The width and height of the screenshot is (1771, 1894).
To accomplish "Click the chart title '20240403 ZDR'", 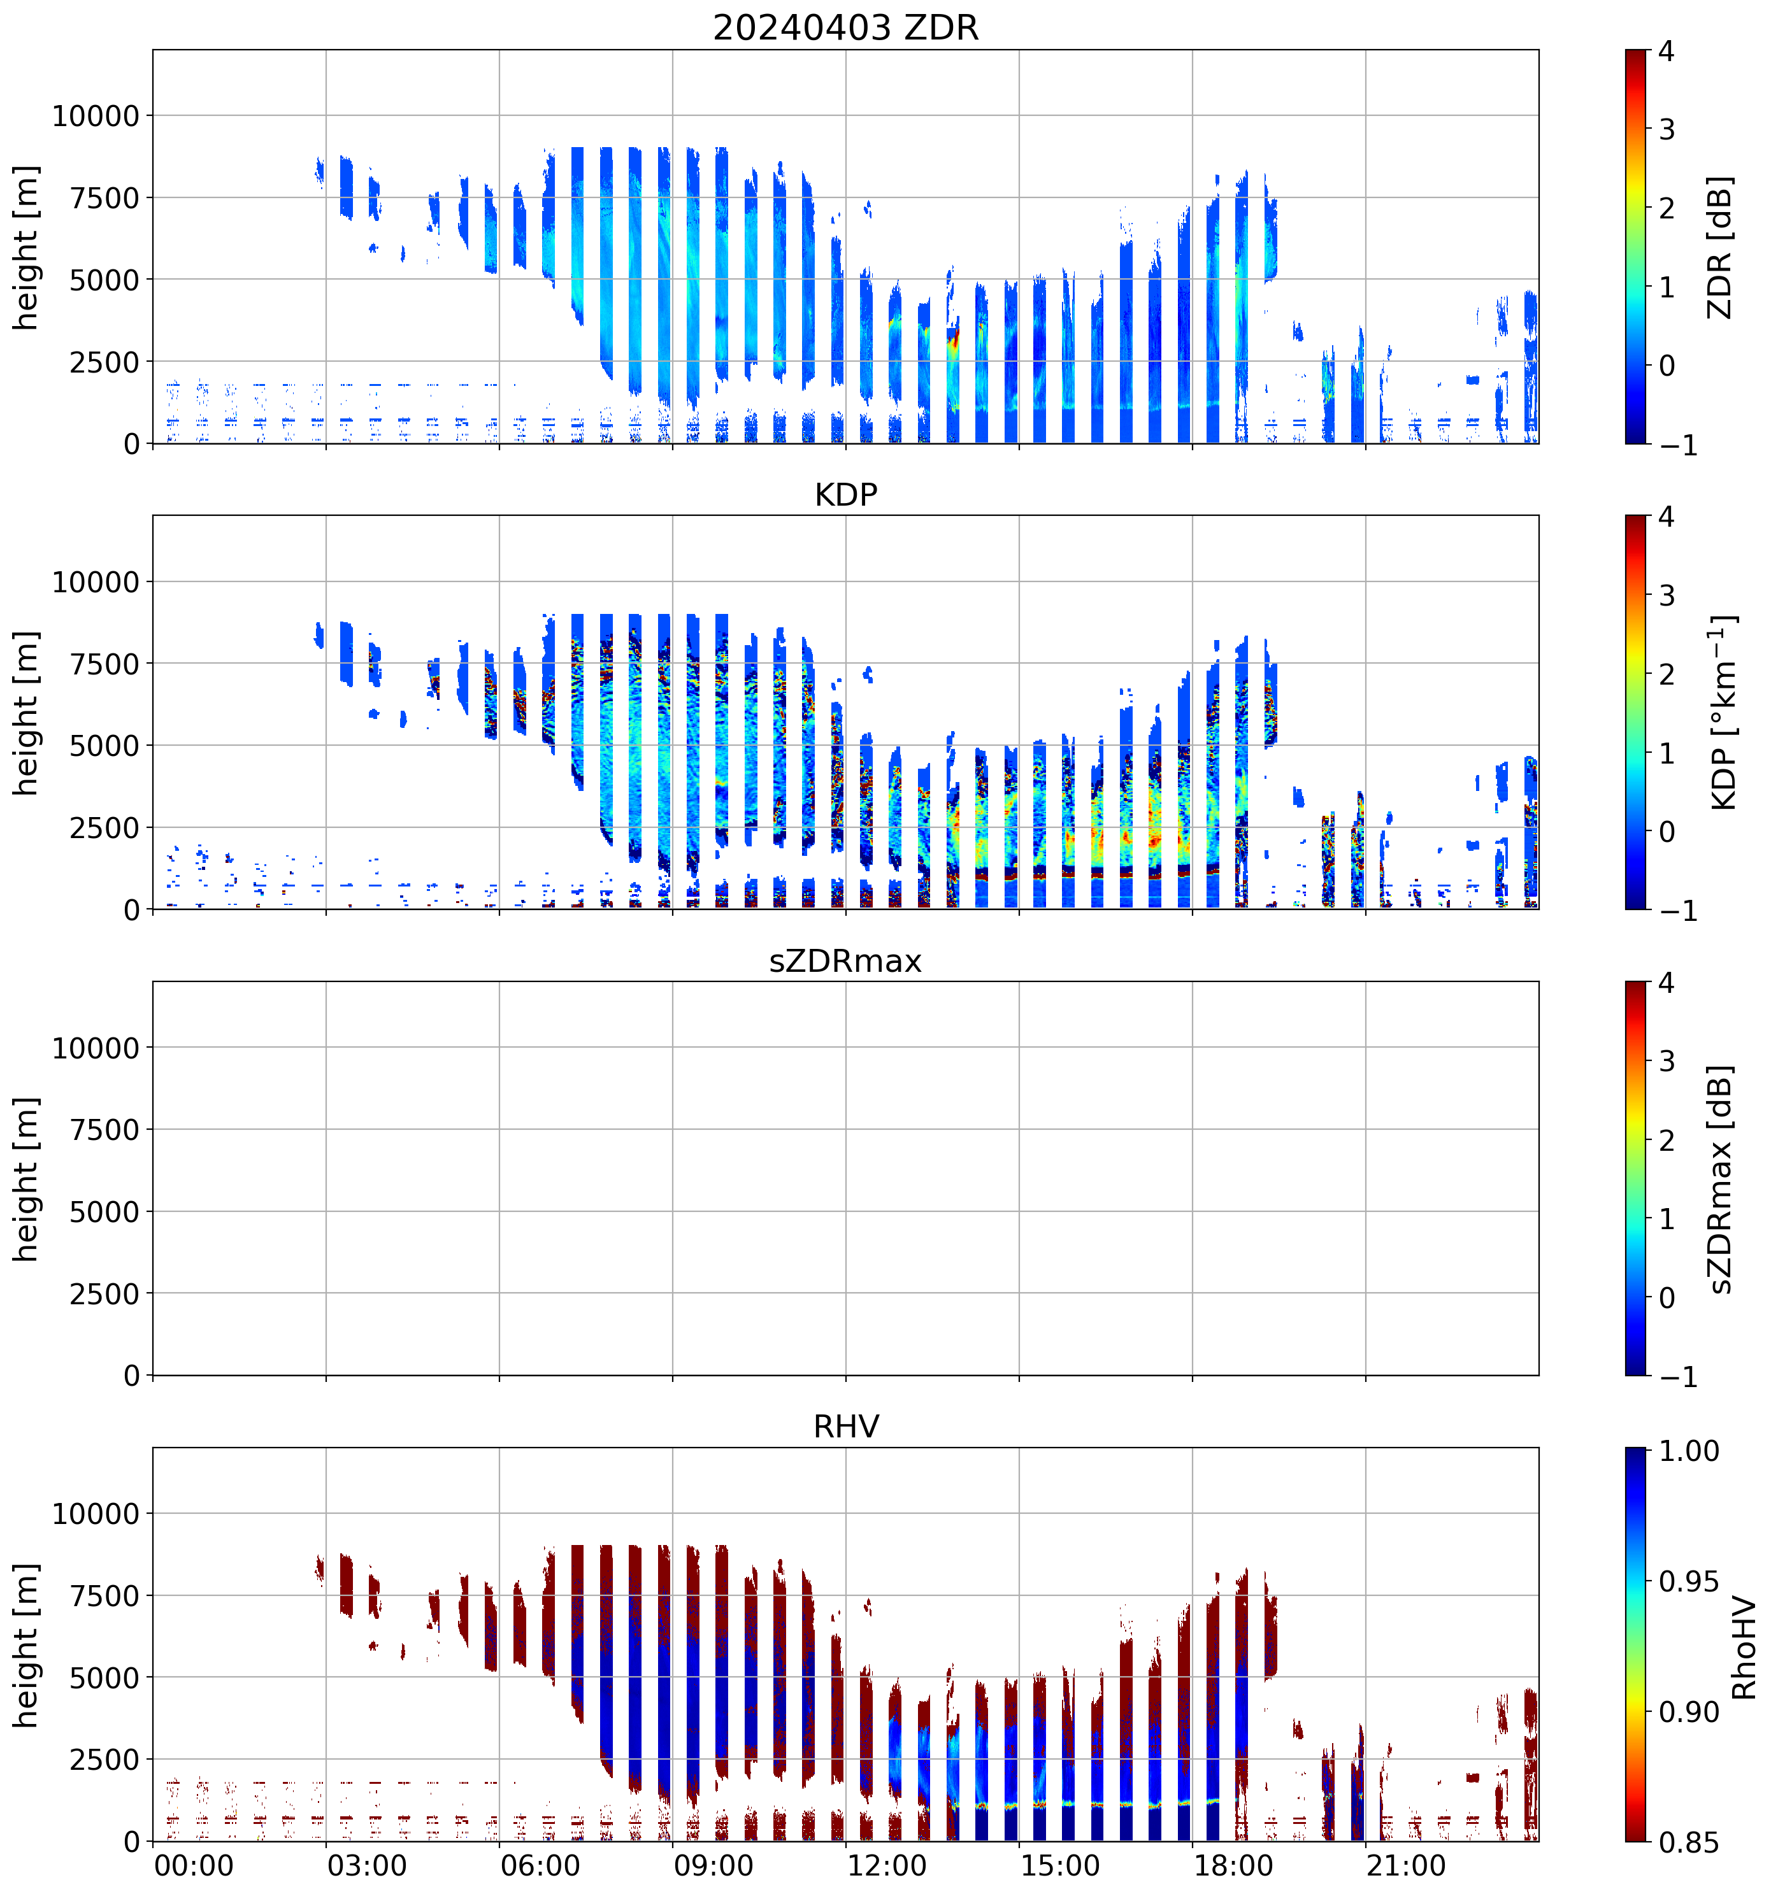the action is pos(845,27).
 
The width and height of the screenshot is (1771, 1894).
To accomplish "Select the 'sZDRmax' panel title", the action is pos(845,961).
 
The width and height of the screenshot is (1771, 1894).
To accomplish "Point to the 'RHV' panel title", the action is pos(845,1427).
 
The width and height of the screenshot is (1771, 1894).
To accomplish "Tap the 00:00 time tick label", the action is pos(194,1865).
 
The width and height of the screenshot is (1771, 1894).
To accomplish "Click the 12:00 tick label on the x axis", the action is pos(886,1865).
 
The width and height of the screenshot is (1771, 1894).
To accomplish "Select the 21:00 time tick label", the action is pos(1406,1865).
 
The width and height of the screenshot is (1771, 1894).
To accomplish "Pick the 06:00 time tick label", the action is pos(540,1865).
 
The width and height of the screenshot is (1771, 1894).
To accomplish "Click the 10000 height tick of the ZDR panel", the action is pos(96,117).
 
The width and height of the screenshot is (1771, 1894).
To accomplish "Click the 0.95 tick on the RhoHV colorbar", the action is pos(1689,1581).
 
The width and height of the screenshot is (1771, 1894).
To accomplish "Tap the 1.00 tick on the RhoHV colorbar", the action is pos(1689,1451).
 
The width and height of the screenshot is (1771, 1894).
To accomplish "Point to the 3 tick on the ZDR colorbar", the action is pos(1666,129).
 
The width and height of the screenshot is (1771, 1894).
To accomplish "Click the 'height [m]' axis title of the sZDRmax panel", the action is pos(27,1179).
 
